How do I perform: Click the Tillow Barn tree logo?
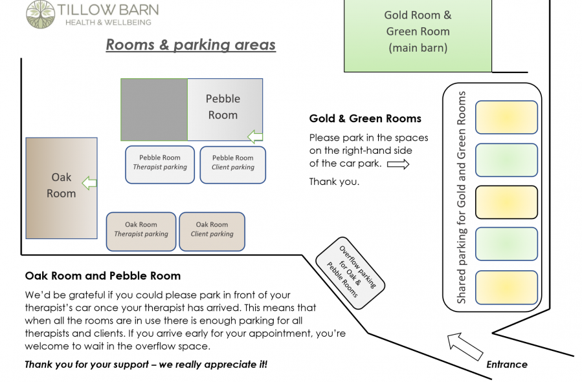pyautogui.click(x=40, y=14)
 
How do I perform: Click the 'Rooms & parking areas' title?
pyautogui.click(x=191, y=45)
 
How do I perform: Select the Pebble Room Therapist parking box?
pyautogui.click(x=160, y=165)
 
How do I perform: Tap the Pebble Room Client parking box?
pyautogui.click(x=232, y=165)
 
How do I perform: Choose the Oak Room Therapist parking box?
pyautogui.click(x=141, y=231)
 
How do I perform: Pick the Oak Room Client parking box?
pyautogui.click(x=212, y=231)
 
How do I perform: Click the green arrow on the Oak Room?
pyautogui.click(x=89, y=183)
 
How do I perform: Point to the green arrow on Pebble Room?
pyautogui.click(x=255, y=137)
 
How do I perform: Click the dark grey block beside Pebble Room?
pyautogui.click(x=154, y=110)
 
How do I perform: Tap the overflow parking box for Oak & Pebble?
pyautogui.click(x=350, y=273)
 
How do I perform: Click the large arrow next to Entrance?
pyautogui.click(x=465, y=347)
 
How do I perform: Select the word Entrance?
pyautogui.click(x=507, y=364)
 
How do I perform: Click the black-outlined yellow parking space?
pyautogui.click(x=506, y=202)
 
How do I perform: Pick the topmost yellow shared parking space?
pyautogui.click(x=506, y=117)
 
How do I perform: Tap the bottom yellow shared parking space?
pyautogui.click(x=506, y=288)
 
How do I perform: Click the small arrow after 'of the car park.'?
pyautogui.click(x=398, y=164)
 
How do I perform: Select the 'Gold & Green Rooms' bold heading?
pyautogui.click(x=365, y=118)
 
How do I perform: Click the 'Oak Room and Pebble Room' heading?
pyautogui.click(x=103, y=275)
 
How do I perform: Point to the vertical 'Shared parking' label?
pyautogui.click(x=461, y=198)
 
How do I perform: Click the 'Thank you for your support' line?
pyautogui.click(x=146, y=365)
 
